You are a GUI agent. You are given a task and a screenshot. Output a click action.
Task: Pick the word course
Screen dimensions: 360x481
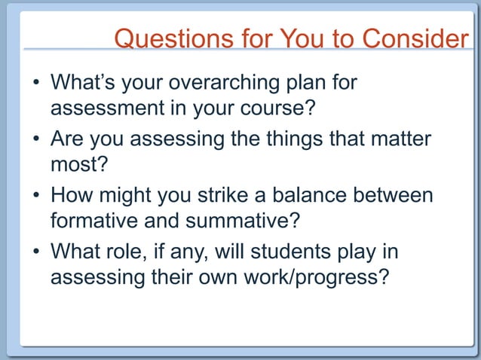(x=274, y=108)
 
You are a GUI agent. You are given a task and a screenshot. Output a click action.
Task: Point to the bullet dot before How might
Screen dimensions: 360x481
(x=35, y=195)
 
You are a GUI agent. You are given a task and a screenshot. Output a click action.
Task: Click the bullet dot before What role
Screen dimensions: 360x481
(x=35, y=252)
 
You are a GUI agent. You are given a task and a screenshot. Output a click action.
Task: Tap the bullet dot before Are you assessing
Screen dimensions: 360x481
(x=35, y=139)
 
